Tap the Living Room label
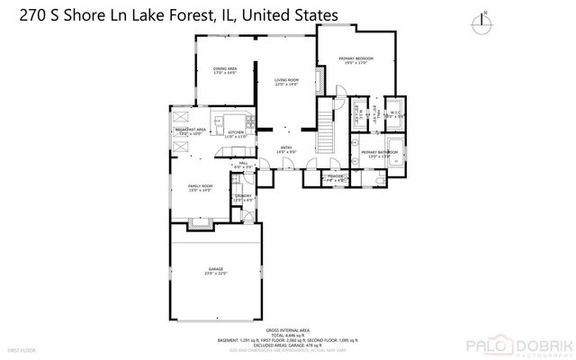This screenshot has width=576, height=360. pos(286,83)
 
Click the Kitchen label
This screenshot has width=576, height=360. pos(236,133)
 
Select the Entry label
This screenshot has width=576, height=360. pos(286,149)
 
